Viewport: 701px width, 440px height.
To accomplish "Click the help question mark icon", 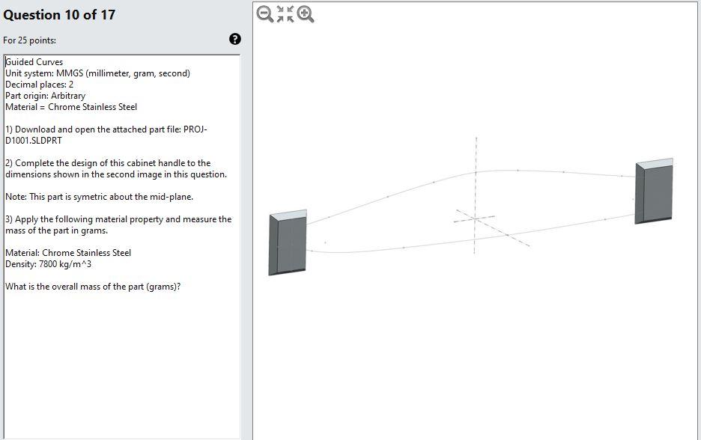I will click(235, 40).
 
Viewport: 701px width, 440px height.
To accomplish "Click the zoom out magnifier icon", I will click(264, 13).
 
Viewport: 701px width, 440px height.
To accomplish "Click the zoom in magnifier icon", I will click(306, 13).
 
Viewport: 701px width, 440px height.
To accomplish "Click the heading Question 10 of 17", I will click(59, 15).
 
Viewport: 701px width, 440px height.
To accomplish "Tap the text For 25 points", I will click(29, 40).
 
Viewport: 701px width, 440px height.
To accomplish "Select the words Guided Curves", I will click(34, 62).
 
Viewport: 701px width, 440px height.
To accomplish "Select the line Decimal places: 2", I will click(39, 85).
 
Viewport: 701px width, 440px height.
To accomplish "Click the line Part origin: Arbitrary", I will click(45, 96).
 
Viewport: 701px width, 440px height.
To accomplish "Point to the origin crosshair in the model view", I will click(475, 219).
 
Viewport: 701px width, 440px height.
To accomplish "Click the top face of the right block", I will click(655, 162).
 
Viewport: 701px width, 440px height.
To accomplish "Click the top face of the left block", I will click(288, 215).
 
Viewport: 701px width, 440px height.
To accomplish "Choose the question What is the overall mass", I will click(93, 287).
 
